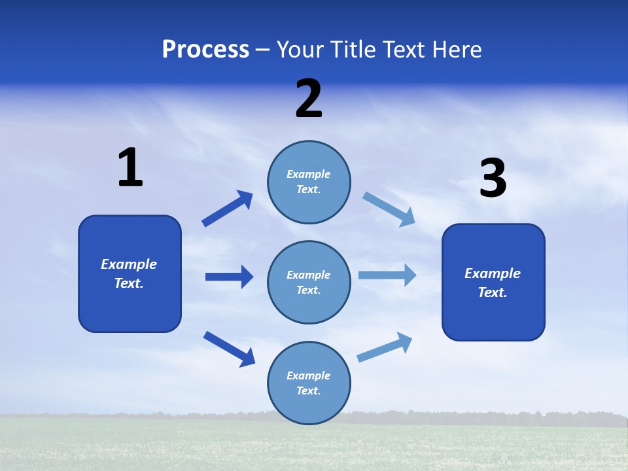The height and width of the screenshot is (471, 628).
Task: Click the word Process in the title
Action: [x=205, y=50]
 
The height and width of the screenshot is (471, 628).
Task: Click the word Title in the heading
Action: [x=354, y=50]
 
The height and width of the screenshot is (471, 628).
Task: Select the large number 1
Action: [x=130, y=167]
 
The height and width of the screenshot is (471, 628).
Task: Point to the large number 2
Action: [x=309, y=99]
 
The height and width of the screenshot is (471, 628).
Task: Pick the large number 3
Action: [x=493, y=179]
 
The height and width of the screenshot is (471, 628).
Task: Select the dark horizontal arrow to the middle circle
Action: [x=229, y=277]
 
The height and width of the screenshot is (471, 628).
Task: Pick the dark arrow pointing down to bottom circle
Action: [x=229, y=349]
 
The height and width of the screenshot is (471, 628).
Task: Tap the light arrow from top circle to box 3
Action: [x=389, y=209]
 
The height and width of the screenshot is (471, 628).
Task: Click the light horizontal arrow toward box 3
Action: [x=387, y=275]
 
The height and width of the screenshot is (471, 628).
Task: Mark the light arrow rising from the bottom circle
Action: [x=385, y=347]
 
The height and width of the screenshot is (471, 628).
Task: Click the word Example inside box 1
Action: [x=129, y=264]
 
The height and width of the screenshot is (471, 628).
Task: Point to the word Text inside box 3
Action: [x=491, y=292]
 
